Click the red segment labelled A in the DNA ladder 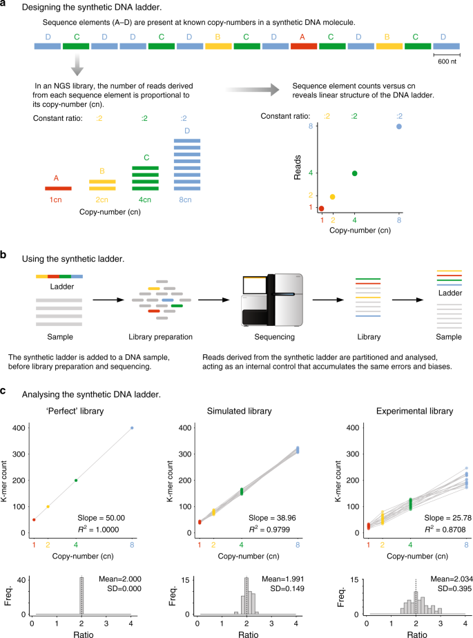[x=304, y=46]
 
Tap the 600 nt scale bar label [x=447, y=61]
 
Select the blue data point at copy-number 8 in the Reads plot [x=399, y=126]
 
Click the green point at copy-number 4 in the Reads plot [x=354, y=173]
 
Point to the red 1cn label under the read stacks [x=56, y=200]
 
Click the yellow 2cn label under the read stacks [x=102, y=200]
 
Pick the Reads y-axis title [x=298, y=167]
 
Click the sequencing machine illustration [x=273, y=300]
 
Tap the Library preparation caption [x=160, y=337]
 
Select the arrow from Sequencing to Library [x=328, y=300]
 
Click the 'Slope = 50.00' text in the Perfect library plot [x=101, y=518]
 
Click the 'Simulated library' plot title [x=240, y=411]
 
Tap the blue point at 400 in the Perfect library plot [x=132, y=428]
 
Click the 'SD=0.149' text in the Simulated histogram [x=287, y=588]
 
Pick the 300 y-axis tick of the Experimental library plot [x=353, y=454]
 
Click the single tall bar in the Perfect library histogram [x=81, y=596]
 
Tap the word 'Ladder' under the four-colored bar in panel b [x=62, y=287]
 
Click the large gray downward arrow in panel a [x=77, y=64]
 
